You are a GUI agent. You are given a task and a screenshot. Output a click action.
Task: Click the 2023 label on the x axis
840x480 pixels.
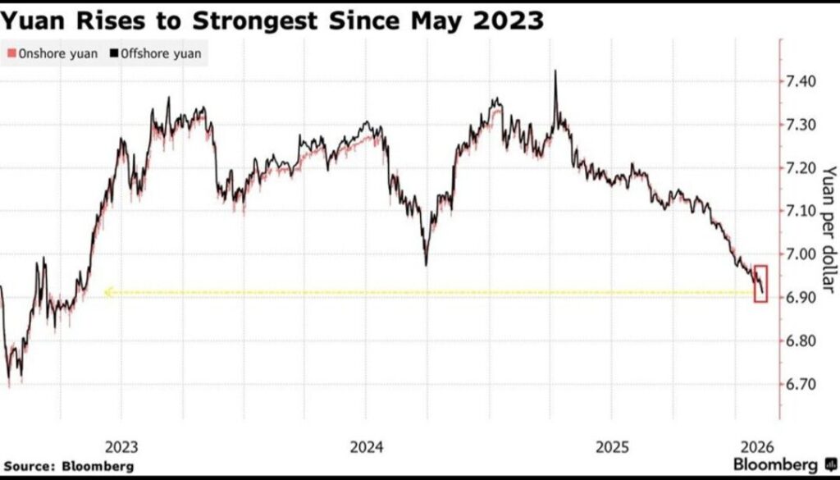click(x=122, y=447)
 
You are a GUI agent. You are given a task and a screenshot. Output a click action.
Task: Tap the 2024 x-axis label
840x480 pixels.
click(x=367, y=447)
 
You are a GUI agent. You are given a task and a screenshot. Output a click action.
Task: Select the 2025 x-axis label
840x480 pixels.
click(x=612, y=447)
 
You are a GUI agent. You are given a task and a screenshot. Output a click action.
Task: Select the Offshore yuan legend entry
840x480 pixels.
click(x=159, y=54)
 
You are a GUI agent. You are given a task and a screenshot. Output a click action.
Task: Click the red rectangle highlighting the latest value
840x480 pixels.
click(x=760, y=284)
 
